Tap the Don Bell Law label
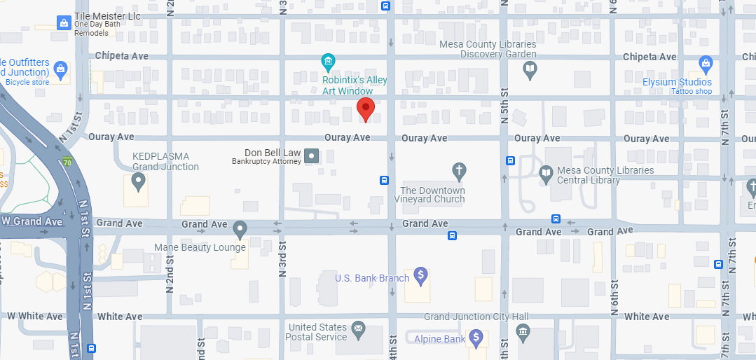point(273,153)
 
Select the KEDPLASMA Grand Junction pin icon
point(138,184)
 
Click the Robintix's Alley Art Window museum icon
point(328,63)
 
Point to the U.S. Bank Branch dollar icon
point(421,275)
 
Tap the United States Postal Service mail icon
point(359,328)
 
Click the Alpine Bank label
point(439,339)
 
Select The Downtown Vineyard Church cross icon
point(459,170)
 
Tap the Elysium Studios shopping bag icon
point(706,66)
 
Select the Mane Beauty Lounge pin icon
point(240,229)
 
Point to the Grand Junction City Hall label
point(476,317)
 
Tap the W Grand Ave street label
point(32,221)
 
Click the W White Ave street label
point(35,316)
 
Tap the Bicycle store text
point(27,82)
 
